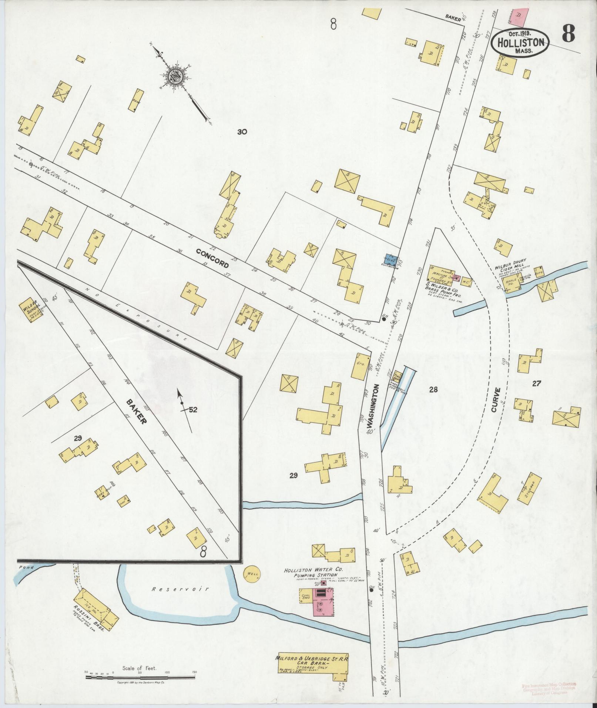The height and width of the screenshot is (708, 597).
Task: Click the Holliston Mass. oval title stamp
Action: pyautogui.click(x=520, y=42)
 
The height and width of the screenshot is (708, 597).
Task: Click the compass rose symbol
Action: pyautogui.click(x=173, y=77)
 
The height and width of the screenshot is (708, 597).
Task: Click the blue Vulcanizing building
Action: pyautogui.click(x=391, y=260)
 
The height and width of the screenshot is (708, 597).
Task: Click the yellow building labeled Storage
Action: pyautogui.click(x=530, y=489)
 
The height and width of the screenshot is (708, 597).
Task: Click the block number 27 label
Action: pyautogui.click(x=536, y=384)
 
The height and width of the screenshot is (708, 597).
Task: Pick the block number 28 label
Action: pyautogui.click(x=433, y=389)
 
